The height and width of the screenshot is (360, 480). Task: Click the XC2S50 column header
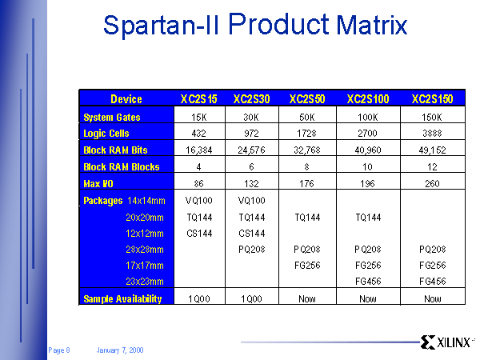[307, 99]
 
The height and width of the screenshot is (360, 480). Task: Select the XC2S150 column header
[432, 99]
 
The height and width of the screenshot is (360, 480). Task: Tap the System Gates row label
[112, 118]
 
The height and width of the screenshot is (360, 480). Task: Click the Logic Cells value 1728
[306, 134]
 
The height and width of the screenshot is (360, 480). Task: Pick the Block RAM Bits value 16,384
[199, 150]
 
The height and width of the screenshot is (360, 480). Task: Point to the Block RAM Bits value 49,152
[432, 150]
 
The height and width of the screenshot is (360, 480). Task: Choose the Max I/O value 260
[432, 184]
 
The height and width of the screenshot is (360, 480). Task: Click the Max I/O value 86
[198, 184]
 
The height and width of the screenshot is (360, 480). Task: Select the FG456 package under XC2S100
[368, 282]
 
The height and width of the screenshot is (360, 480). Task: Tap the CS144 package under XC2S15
[199, 234]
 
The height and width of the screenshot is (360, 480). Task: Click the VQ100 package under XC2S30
[252, 201]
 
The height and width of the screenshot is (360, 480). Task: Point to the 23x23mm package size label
[145, 282]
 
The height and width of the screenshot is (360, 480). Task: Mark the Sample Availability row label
[122, 298]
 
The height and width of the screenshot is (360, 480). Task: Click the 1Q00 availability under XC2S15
[199, 298]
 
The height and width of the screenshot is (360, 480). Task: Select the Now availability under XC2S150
[432, 298]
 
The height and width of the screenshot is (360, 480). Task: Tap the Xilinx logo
[447, 342]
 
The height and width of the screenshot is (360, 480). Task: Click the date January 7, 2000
[120, 350]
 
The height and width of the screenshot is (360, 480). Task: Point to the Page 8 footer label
[59, 350]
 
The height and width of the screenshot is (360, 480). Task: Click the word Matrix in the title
[372, 25]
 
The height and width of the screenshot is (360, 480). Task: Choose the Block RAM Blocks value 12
[432, 167]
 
